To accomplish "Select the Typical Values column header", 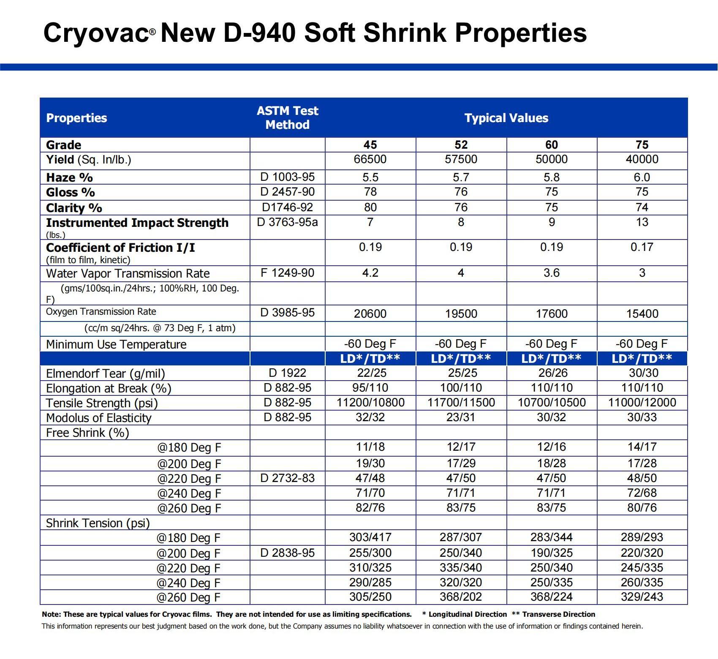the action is click(506, 118).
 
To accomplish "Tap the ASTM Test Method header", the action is click(288, 118).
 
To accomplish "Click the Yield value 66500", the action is click(370, 159).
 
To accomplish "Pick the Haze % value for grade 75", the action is click(642, 177).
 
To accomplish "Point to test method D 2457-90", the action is click(288, 192).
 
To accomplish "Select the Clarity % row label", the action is click(74, 208).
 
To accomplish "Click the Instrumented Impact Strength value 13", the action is click(642, 222).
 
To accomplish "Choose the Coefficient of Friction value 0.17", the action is click(642, 247).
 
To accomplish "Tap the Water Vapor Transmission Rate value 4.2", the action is click(370, 273).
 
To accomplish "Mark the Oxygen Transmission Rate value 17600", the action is click(552, 313).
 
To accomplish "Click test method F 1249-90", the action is click(288, 273).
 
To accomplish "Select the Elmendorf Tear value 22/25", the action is click(370, 373).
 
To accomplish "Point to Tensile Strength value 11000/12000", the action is click(642, 403).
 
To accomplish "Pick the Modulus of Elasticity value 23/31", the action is click(461, 417).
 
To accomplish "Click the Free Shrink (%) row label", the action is click(87, 433).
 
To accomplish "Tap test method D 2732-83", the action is click(288, 478).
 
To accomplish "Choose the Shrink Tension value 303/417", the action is click(370, 537).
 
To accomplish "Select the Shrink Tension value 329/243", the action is click(642, 597).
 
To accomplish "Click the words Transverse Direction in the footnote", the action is click(559, 614).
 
